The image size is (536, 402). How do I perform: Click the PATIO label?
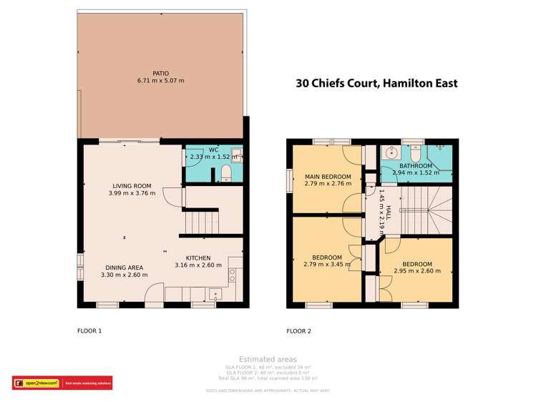pyautogui.click(x=160, y=72)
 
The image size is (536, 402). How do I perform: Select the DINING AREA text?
pyautogui.click(x=124, y=267)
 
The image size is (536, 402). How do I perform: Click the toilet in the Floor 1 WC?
pyautogui.click(x=225, y=172)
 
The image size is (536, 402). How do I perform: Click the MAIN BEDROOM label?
pyautogui.click(x=327, y=177)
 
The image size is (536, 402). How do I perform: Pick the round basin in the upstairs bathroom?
pyautogui.click(x=390, y=152)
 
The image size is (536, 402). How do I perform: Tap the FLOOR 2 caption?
pyautogui.click(x=298, y=331)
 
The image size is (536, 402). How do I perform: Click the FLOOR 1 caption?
pyautogui.click(x=89, y=331)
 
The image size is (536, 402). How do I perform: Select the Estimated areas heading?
pyautogui.click(x=268, y=359)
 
